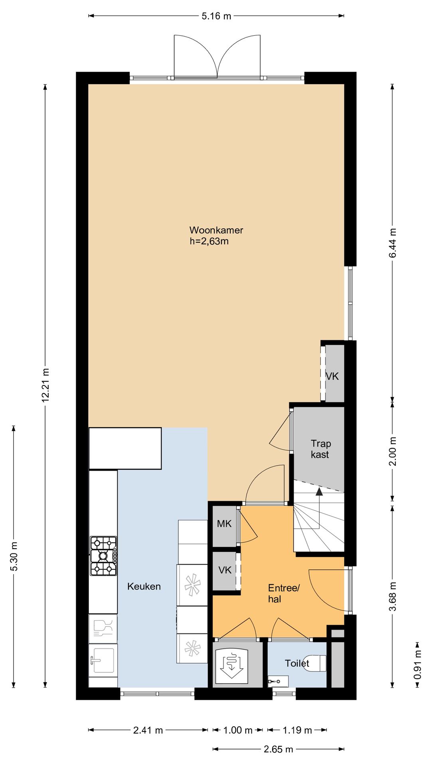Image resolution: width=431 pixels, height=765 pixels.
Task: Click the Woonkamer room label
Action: (x=216, y=230)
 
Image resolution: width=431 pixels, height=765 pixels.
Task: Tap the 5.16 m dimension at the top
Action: (x=216, y=16)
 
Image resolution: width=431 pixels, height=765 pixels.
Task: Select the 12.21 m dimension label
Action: (x=45, y=385)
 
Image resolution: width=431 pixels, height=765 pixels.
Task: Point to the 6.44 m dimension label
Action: (x=393, y=243)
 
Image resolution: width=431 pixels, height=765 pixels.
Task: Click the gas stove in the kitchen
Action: (x=104, y=556)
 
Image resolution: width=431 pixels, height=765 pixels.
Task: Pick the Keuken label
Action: (x=144, y=586)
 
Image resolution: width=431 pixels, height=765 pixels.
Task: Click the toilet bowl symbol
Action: (x=315, y=663)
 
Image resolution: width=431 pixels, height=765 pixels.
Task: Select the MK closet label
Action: (x=224, y=524)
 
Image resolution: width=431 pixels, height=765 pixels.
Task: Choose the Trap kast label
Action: (x=320, y=449)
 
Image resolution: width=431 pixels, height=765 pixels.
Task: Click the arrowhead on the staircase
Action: (x=319, y=491)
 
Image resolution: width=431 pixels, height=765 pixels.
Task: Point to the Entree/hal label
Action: (x=283, y=593)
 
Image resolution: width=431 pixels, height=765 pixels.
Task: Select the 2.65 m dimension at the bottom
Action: (x=279, y=749)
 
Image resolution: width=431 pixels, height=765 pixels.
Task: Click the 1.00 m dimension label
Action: (x=238, y=730)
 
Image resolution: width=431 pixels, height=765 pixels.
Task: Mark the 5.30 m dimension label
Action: (x=14, y=556)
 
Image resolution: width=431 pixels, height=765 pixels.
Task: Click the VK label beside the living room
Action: (x=332, y=376)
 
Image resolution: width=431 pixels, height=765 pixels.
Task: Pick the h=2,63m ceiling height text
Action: (x=209, y=241)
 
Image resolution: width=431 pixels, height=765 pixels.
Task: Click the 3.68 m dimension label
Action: (x=393, y=596)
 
